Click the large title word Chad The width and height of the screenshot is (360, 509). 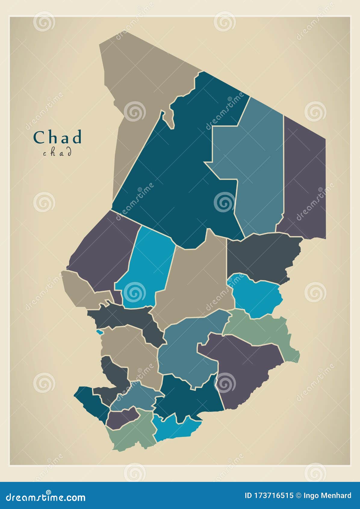click(x=57, y=137)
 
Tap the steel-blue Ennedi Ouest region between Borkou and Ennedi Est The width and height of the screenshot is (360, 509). click(x=259, y=169)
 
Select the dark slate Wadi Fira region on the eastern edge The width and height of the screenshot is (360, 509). click(x=262, y=256)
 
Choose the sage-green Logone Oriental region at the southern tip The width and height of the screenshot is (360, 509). click(x=132, y=431)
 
